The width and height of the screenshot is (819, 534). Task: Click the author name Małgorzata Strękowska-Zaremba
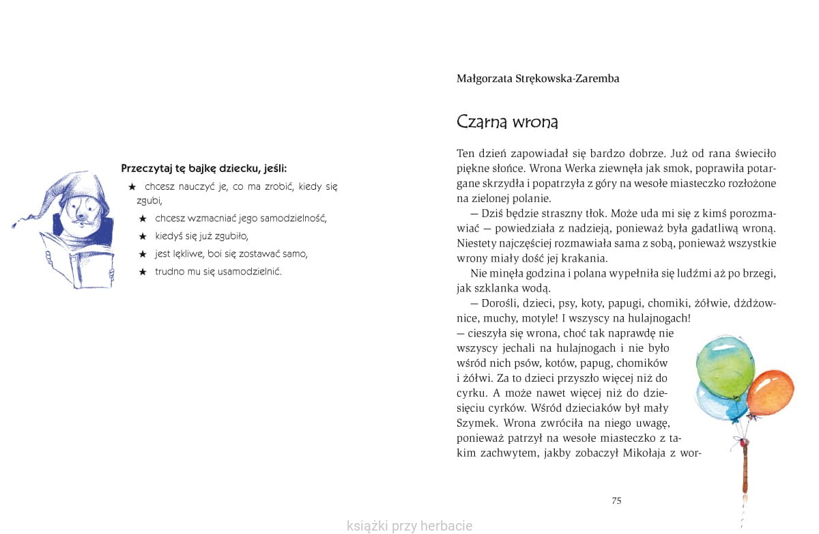click(x=538, y=79)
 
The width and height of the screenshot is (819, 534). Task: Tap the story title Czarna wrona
click(x=507, y=122)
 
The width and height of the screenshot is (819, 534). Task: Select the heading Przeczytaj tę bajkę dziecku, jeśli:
click(x=204, y=168)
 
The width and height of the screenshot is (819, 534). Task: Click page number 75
click(x=616, y=501)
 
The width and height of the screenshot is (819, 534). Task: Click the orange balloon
click(x=771, y=395)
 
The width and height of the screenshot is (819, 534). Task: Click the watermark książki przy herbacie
click(x=409, y=526)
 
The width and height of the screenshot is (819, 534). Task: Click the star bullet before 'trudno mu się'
click(x=143, y=272)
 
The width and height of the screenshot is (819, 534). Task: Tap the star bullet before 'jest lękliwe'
click(x=143, y=254)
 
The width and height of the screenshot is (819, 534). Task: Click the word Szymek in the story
click(x=476, y=423)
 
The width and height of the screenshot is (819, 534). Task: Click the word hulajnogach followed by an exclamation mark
click(x=659, y=318)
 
